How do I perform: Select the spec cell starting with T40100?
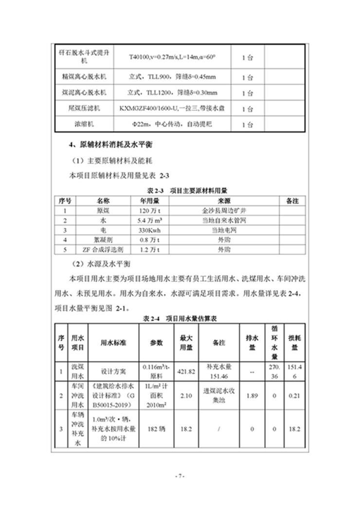172,57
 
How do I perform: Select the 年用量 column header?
146,200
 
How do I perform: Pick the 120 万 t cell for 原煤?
146,211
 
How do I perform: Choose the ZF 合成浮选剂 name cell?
100,250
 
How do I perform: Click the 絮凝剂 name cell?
100,240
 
